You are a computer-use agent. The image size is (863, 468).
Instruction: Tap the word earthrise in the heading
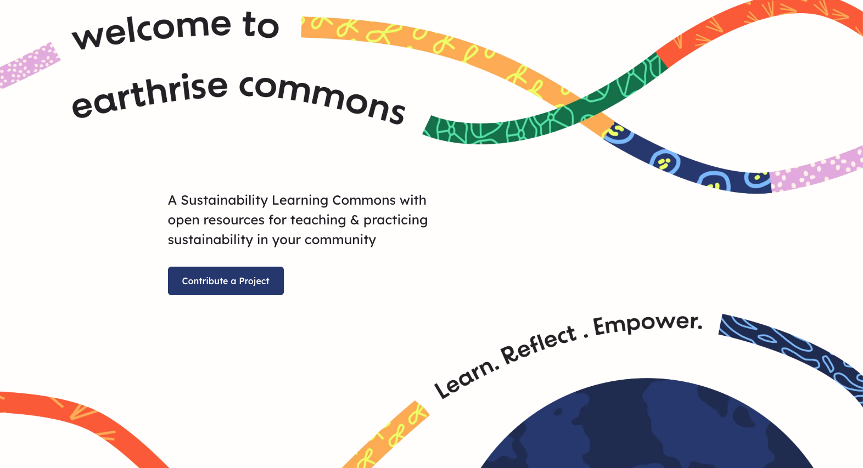(x=149, y=95)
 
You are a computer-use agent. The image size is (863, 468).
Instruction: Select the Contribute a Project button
(x=226, y=281)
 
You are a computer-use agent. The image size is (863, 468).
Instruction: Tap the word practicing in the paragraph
(x=395, y=220)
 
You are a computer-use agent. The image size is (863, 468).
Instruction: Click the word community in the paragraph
(x=340, y=240)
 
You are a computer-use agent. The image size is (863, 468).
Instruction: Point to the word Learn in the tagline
(x=464, y=378)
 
